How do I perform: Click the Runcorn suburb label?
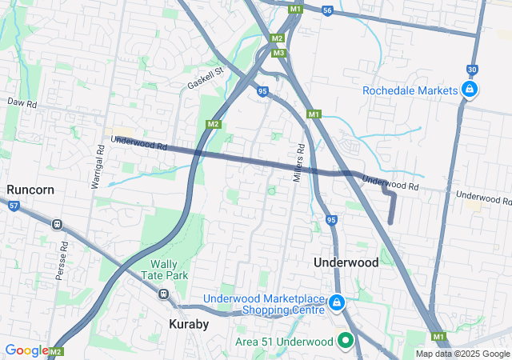[x=30, y=190]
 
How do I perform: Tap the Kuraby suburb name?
[x=189, y=324]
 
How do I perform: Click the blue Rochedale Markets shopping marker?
[x=470, y=90]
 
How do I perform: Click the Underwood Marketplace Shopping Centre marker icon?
[x=337, y=302]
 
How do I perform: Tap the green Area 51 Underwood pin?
[x=346, y=341]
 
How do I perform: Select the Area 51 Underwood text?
[x=283, y=342]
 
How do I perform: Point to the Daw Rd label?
[x=22, y=103]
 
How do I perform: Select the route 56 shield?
[x=326, y=10]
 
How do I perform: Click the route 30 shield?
[x=472, y=69]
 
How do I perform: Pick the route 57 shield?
[x=14, y=206]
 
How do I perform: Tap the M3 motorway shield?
[x=278, y=53]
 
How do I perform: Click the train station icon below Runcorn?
[x=58, y=224]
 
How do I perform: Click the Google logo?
[x=26, y=350]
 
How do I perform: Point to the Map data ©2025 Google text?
[x=462, y=354]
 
